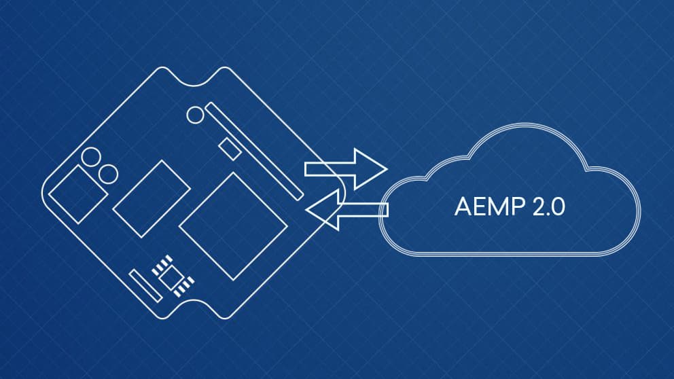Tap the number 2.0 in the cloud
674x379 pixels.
pos(544,207)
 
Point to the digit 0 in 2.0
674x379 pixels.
pos(557,207)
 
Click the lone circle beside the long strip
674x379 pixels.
pos(196,114)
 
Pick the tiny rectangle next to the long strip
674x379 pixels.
pos(230,148)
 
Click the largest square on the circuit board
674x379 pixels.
pos(233,225)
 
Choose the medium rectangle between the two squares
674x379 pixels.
pos(151,199)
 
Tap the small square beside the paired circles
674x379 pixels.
pos(76,193)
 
